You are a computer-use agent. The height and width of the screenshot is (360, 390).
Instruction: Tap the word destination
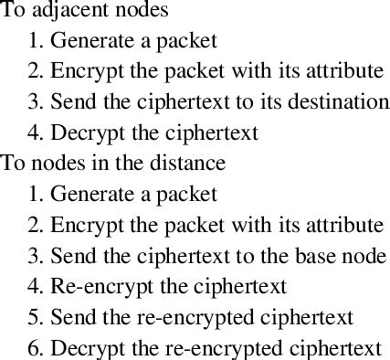tap(338, 101)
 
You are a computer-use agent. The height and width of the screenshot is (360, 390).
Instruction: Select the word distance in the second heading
tap(188, 163)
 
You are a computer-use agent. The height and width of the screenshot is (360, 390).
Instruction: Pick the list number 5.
tap(35, 317)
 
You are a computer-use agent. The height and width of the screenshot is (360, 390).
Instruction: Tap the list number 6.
tap(35, 348)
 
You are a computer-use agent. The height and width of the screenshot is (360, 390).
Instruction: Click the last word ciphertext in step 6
tap(334, 348)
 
